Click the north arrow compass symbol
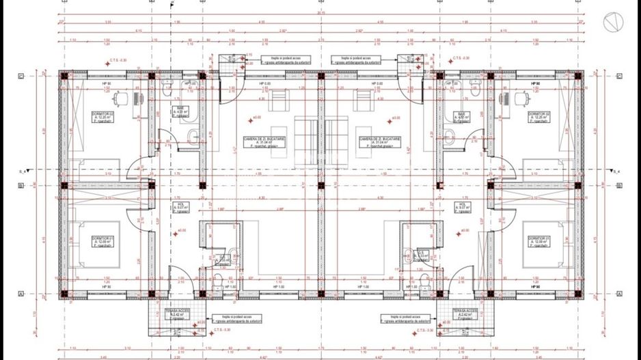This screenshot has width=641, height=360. [612, 23]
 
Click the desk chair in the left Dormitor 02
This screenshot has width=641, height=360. [120, 100]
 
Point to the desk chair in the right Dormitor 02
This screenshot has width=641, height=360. [508, 100]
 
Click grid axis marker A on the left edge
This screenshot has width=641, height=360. [21, 294]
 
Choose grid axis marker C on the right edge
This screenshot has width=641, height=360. [620, 74]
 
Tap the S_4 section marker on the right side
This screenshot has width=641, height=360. [616, 170]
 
